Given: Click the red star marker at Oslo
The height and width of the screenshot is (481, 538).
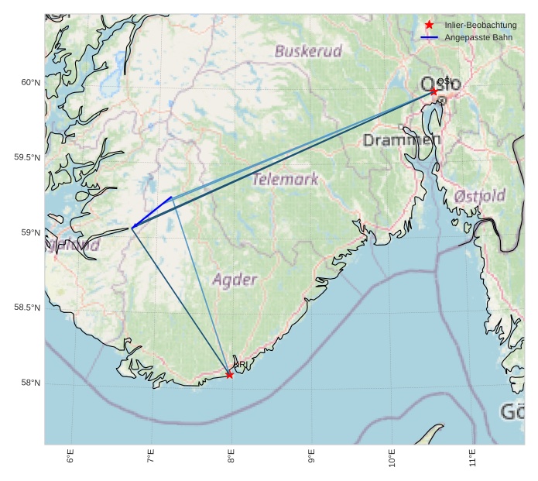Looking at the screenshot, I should [433, 91].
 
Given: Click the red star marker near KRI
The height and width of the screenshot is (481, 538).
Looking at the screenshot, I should [229, 375].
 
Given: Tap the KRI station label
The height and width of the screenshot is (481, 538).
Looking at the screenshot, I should [240, 365].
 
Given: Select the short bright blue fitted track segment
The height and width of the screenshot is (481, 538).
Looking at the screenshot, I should [152, 212].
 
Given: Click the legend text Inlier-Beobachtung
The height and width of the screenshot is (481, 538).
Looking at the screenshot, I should [481, 26].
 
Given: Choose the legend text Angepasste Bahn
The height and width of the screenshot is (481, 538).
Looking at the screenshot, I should [478, 37].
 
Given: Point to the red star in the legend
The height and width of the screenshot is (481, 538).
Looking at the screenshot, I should [429, 26].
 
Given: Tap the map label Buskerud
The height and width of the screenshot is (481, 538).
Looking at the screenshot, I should [308, 52].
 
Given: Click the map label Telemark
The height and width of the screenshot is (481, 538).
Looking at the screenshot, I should [286, 180].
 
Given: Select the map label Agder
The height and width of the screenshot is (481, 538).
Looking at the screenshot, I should [235, 279].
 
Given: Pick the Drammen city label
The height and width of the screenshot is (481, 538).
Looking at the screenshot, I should [401, 140].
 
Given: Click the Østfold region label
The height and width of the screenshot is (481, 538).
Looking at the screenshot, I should [479, 195].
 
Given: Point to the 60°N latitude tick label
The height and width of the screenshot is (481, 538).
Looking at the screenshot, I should [29, 83].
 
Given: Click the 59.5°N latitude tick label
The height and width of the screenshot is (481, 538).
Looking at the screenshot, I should [27, 158].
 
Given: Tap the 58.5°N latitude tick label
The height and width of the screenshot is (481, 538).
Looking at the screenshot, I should [27, 308].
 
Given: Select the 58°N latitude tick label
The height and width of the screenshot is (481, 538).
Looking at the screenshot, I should [29, 383].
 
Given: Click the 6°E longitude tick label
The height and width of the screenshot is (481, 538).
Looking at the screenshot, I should [70, 456].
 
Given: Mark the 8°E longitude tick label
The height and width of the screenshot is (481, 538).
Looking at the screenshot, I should [231, 456].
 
